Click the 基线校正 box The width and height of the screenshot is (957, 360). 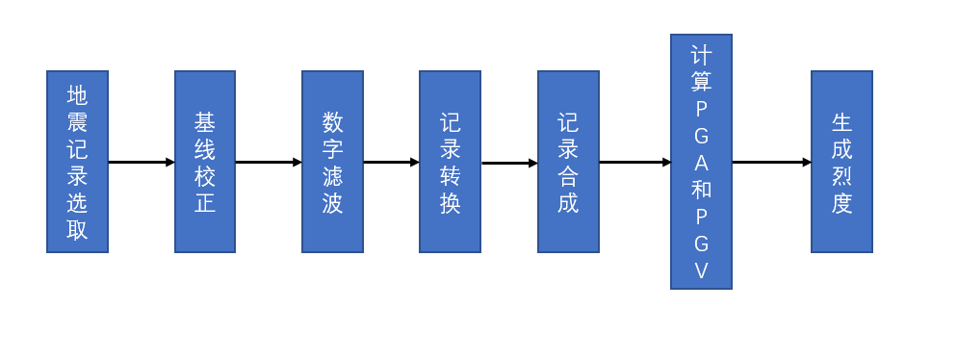coord(204,162)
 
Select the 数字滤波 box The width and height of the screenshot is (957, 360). coord(332,162)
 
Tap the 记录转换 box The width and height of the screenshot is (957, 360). coord(450,162)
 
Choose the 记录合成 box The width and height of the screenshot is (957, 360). coord(568,162)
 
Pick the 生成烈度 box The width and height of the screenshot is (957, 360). coord(841,162)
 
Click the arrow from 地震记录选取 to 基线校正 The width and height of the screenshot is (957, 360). coord(141,162)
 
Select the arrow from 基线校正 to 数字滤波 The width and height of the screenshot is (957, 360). coord(269,162)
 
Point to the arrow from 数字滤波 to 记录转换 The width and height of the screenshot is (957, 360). coord(391,162)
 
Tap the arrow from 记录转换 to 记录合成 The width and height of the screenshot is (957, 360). coord(509,163)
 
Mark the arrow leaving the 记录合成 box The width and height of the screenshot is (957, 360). coord(634,162)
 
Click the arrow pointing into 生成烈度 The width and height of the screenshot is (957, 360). coord(771,162)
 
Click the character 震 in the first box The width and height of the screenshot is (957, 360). coord(77,121)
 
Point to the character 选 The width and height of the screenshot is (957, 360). coord(77,203)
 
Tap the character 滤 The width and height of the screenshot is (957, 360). coord(332,175)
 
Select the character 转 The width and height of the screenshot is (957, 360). coord(450,175)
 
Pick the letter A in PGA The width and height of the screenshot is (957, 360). coord(701,163)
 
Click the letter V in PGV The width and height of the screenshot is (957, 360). coord(701,271)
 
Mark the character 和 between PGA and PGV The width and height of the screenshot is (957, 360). coord(701,190)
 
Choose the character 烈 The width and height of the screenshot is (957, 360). coord(841,175)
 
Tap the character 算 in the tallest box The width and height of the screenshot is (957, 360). coord(701,81)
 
